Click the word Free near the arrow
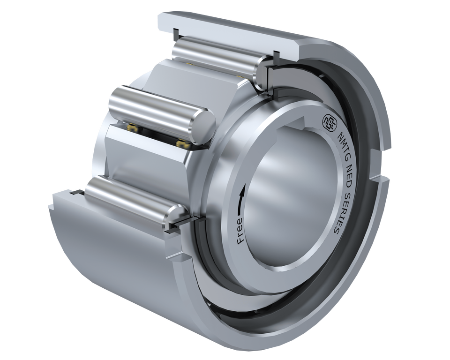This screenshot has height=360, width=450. point(240,230)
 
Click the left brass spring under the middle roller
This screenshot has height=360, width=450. point(133,127)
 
